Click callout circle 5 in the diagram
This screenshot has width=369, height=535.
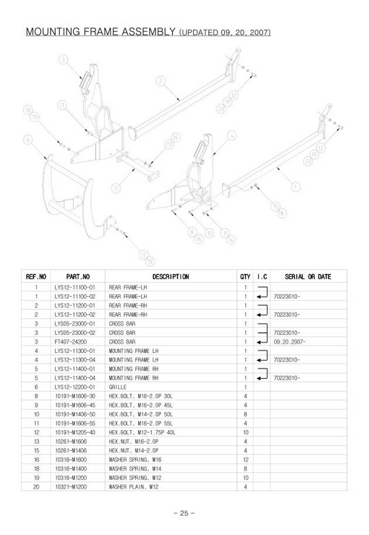click(x=64, y=59)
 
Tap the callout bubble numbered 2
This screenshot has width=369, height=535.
click(x=160, y=81)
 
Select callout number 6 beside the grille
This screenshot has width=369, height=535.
click(x=28, y=139)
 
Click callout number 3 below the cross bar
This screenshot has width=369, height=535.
click(x=117, y=188)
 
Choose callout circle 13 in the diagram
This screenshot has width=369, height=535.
click(x=168, y=144)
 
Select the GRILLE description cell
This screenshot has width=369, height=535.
click(x=118, y=387)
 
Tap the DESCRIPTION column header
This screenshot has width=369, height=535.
click(x=171, y=277)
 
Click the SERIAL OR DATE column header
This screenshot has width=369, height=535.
click(x=308, y=277)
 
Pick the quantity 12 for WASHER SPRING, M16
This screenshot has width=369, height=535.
click(x=245, y=459)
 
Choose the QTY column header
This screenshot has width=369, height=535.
click(x=245, y=277)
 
